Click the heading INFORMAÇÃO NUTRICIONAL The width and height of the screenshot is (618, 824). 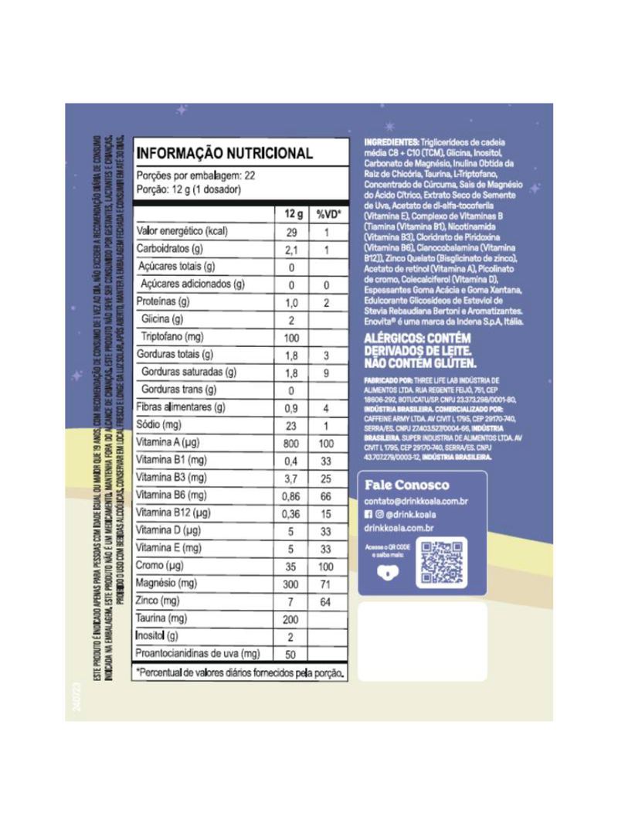[225, 153]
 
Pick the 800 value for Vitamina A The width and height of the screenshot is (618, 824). [292, 443]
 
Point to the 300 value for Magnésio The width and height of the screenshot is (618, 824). [292, 584]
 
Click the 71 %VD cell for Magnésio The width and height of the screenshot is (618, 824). [327, 584]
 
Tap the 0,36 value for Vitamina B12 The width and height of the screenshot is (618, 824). [292, 513]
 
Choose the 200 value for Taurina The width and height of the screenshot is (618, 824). [292, 618]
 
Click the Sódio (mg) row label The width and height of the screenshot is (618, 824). [158, 425]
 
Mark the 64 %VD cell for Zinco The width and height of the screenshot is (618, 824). [327, 601]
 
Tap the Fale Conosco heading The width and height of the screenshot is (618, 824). [406, 485]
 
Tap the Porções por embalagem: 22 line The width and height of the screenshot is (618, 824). [196, 175]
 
